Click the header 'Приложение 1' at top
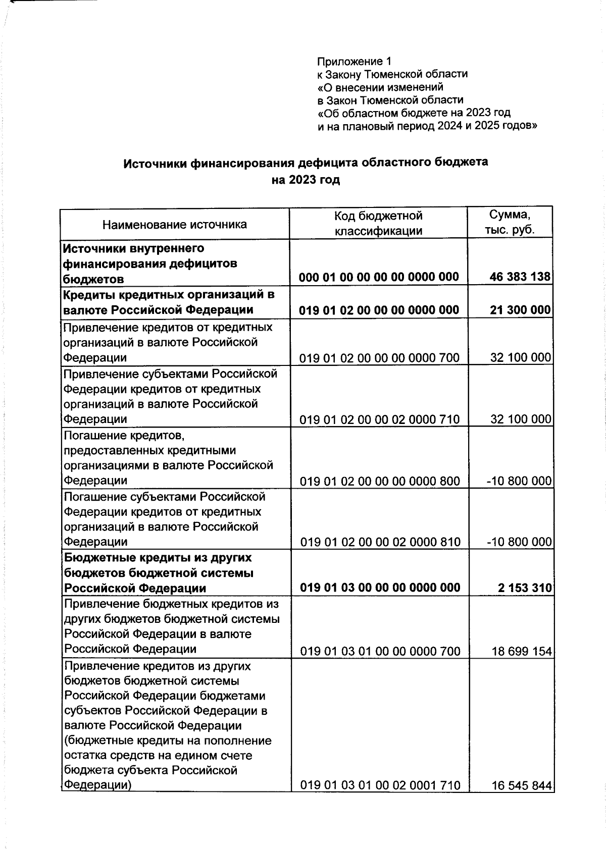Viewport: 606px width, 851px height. tap(354, 62)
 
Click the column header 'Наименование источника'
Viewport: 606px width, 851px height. tap(175, 225)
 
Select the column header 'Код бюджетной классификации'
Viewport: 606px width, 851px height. tap(378, 224)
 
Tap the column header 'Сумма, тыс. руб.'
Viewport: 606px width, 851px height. tap(510, 223)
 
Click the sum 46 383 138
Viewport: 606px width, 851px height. tap(520, 277)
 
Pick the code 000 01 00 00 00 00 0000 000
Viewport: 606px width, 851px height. tap(379, 277)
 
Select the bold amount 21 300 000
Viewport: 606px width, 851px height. tap(520, 310)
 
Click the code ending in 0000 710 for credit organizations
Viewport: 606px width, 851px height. tap(380, 419)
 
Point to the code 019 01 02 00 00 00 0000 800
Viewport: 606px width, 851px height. tap(380, 481)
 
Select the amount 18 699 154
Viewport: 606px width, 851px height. tap(522, 652)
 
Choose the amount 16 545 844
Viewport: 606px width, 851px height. tap(522, 785)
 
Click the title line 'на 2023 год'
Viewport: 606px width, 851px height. tap(306, 180)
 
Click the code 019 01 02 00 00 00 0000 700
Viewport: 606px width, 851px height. tap(379, 358)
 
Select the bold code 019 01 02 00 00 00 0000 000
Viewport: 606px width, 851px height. tap(379, 310)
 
